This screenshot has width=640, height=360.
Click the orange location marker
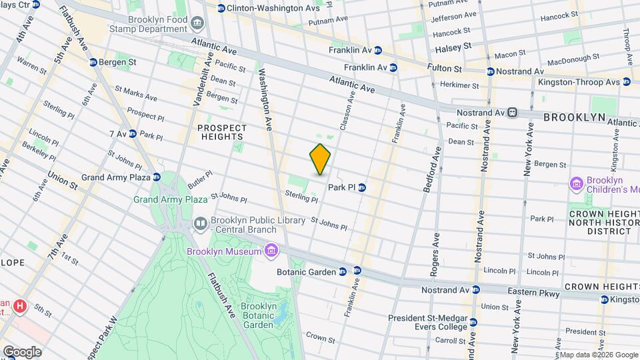(x=321, y=159)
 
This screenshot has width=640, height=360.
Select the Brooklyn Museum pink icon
(x=270, y=251)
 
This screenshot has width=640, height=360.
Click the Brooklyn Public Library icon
(x=200, y=223)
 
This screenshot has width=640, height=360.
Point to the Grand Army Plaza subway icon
(x=157, y=177)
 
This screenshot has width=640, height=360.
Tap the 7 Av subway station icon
(x=132, y=134)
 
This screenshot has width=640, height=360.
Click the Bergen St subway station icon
(x=93, y=62)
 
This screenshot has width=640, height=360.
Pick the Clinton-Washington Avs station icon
(x=221, y=8)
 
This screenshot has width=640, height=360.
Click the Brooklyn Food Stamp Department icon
(x=197, y=24)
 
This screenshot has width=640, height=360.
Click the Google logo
(x=22, y=351)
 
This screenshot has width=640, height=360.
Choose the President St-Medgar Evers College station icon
(x=473, y=322)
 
